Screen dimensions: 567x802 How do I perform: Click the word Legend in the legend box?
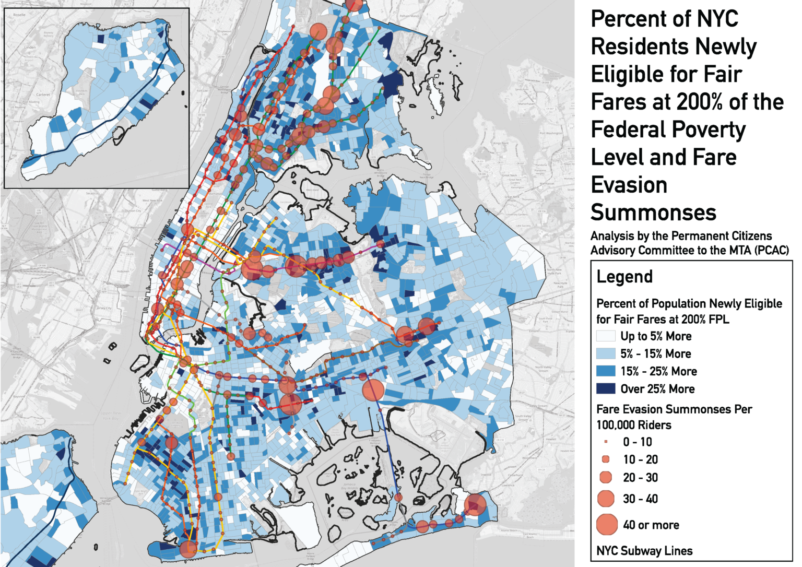point(624,277)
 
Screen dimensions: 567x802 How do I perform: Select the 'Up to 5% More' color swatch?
point(606,336)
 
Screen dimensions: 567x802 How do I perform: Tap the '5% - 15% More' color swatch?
point(606,353)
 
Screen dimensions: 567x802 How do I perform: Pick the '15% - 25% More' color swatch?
point(606,371)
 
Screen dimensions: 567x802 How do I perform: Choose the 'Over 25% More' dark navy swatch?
point(606,388)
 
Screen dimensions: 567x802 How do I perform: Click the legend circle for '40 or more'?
point(607,525)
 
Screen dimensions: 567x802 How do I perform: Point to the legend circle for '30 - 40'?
point(606,499)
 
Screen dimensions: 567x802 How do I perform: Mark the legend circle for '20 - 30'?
point(606,477)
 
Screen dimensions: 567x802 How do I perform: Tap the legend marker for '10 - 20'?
point(606,459)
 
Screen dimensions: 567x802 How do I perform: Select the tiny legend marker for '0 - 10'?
point(606,442)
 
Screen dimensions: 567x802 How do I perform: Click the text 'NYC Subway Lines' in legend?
point(644,551)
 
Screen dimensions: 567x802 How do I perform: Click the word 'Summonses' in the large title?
point(653,212)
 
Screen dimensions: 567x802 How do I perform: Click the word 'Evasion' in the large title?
point(629,185)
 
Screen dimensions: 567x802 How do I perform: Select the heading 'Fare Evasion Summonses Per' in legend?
point(674,409)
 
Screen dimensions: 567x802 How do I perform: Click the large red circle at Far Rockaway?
point(475,504)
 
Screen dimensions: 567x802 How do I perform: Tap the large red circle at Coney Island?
point(188,549)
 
